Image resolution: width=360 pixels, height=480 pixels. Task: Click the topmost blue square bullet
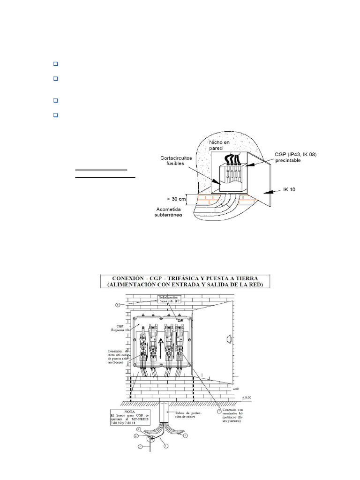pos(55,64)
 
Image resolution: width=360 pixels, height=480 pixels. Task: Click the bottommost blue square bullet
pos(55,115)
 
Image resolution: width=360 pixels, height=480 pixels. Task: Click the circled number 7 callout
pos(218,411)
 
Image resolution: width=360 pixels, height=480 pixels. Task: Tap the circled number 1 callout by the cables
pos(185,436)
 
